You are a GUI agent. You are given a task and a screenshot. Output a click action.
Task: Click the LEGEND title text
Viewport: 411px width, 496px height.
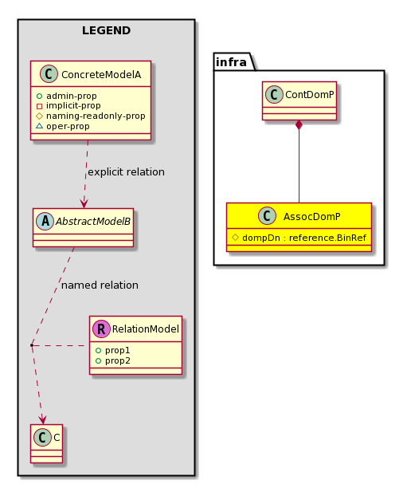coord(106,30)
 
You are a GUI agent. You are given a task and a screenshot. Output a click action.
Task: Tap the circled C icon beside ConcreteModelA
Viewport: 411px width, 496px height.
coord(49,74)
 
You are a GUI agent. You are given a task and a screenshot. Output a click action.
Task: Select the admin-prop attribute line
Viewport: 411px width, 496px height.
coord(66,96)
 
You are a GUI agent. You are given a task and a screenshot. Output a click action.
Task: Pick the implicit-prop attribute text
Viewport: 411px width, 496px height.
coord(73,105)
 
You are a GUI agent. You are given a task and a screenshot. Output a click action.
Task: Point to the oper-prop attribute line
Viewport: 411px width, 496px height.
coord(63,126)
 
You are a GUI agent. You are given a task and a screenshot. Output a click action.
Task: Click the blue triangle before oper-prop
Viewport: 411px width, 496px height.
coord(39,126)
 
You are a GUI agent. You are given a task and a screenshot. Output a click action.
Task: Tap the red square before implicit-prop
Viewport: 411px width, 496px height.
coord(39,106)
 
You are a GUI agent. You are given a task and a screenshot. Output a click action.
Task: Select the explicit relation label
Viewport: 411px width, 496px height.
coord(126,172)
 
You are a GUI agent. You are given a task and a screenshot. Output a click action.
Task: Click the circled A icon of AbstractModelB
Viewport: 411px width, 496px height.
coord(45,221)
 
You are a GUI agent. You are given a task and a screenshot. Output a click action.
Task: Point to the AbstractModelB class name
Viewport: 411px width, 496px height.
coord(93,222)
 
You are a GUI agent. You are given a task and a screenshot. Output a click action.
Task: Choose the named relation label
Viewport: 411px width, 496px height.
coord(100,285)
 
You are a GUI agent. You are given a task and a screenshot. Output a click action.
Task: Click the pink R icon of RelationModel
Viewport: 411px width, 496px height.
coord(101,329)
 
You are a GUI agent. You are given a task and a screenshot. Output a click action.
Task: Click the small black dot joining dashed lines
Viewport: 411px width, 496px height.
coord(32,345)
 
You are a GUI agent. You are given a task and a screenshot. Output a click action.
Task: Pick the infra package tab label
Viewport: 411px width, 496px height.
coord(231,62)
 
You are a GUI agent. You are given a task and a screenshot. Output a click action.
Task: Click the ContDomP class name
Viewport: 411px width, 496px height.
coord(310,95)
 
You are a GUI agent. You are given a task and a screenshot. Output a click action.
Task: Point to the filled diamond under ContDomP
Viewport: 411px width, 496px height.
coord(299,124)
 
